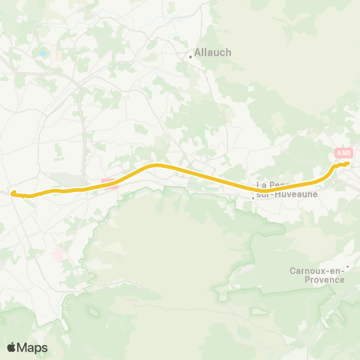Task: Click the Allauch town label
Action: [213, 52]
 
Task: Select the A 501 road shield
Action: [343, 153]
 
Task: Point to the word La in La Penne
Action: [262, 184]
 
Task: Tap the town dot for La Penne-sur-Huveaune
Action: [253, 198]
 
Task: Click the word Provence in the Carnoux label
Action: [317, 280]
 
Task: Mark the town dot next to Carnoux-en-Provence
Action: [347, 266]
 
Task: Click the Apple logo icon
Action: [11, 347]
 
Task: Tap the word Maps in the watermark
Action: [33, 347]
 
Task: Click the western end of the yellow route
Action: [13, 193]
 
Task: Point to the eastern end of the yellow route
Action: [349, 163]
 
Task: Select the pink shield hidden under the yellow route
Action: [109, 182]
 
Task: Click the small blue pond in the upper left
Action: [43, 53]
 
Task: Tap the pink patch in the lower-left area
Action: [58, 255]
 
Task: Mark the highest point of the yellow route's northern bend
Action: [156, 164]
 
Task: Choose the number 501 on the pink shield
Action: [345, 153]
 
